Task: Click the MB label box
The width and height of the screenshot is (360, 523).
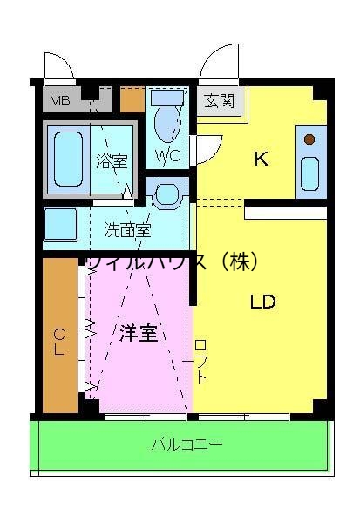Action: (59, 100)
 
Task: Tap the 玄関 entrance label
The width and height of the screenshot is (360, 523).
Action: (220, 101)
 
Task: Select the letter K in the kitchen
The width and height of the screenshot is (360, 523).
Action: (260, 159)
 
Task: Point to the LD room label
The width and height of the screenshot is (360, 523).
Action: (262, 302)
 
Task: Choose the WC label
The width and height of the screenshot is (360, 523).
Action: (167, 156)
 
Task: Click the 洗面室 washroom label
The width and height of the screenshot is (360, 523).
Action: (127, 230)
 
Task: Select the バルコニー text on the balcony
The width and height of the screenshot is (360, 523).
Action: (187, 445)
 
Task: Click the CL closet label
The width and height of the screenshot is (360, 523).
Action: (59, 341)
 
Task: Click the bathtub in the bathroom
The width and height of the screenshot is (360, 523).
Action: (68, 158)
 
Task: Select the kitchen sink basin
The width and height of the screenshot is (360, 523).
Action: (309, 173)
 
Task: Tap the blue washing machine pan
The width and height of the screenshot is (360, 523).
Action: (61, 225)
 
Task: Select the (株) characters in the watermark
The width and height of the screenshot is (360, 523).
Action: (235, 261)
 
